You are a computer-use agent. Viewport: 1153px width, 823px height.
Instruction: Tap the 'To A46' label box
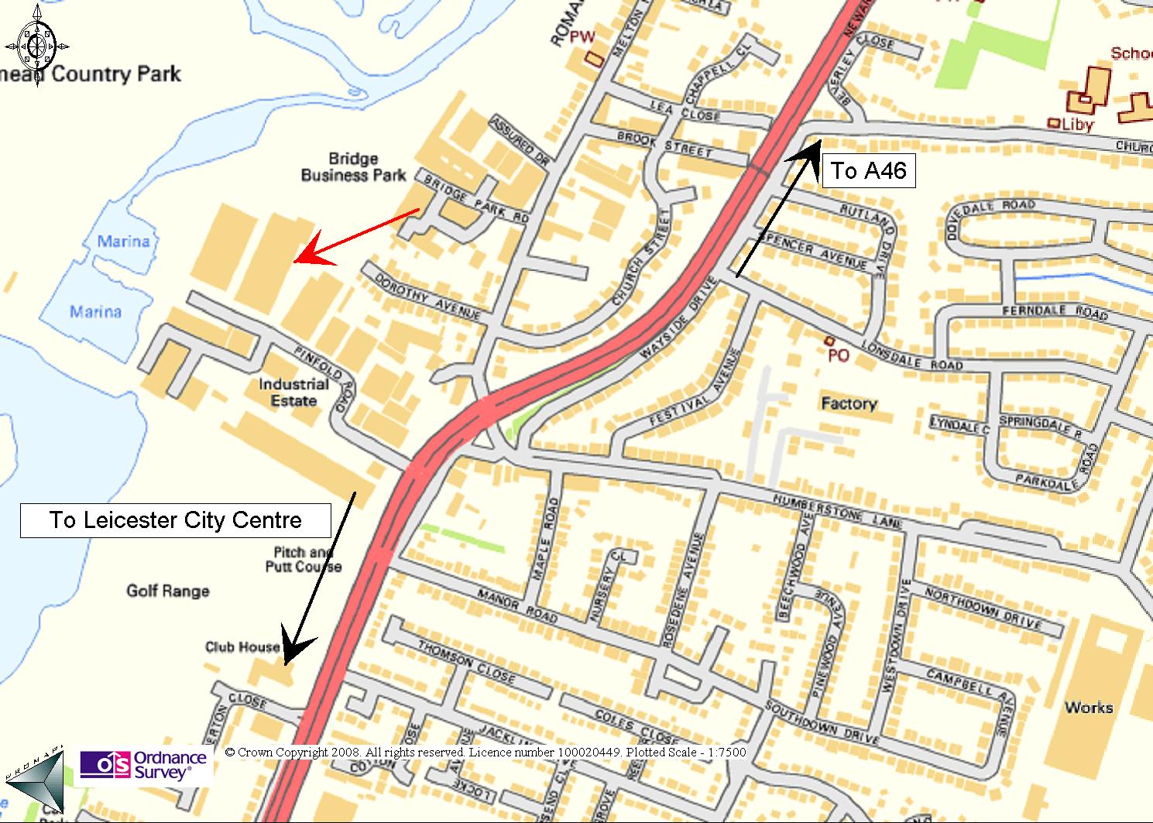(x=868, y=170)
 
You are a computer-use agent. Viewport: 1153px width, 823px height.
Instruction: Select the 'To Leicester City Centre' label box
(x=176, y=520)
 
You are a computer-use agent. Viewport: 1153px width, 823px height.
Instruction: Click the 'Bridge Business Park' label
(x=353, y=167)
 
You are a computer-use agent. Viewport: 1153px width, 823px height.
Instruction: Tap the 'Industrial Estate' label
(x=293, y=393)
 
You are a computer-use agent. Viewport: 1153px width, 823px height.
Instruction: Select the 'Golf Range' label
(x=168, y=592)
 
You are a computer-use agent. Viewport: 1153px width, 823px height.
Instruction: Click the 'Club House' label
(x=242, y=646)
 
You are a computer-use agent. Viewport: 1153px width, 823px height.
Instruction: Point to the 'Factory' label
(x=849, y=403)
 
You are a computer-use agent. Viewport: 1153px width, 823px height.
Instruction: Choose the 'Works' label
(x=1088, y=707)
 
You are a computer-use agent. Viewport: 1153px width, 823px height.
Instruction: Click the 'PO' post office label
(x=839, y=355)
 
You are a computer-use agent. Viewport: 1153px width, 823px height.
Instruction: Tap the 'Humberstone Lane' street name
(x=837, y=512)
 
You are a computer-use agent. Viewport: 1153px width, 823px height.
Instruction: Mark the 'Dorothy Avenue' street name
(x=427, y=297)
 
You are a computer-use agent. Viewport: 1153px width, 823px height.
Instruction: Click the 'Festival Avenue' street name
(x=695, y=389)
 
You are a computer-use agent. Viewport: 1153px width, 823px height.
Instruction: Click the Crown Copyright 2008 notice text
(x=485, y=753)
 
